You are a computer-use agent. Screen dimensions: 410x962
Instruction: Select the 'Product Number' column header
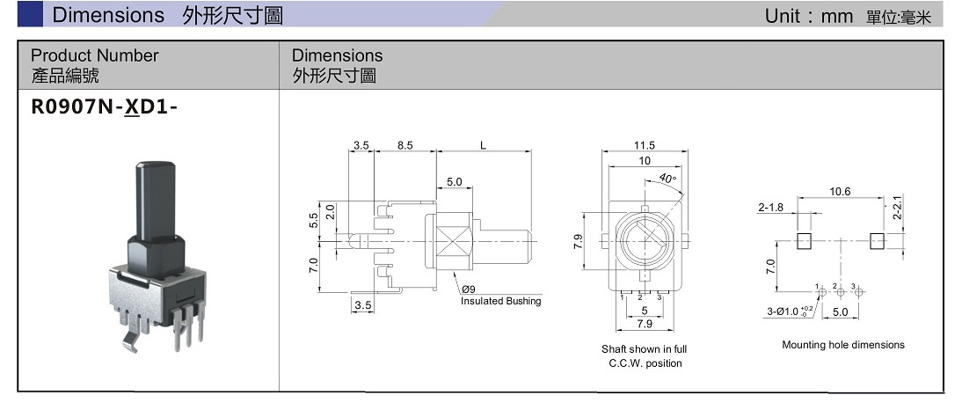coord(95,55)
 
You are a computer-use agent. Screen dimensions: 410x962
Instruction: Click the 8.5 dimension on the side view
coord(404,145)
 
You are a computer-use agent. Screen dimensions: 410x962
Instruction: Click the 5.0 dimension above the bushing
coord(454,182)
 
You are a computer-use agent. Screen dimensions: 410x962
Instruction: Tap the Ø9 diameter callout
coord(467,289)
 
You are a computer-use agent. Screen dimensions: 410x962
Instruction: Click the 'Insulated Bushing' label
coord(500,301)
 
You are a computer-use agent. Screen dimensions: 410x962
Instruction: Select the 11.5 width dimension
coord(645,145)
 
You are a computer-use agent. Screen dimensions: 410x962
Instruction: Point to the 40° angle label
coord(667,179)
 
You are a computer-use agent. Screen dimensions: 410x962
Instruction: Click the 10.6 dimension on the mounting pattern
coord(840,192)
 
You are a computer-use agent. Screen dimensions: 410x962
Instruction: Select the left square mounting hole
coord(805,241)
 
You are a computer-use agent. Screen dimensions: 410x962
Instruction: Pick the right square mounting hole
coord(877,241)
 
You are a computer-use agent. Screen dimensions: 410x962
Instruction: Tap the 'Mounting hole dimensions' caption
coord(842,345)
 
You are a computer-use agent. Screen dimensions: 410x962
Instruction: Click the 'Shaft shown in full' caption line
coord(644,349)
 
